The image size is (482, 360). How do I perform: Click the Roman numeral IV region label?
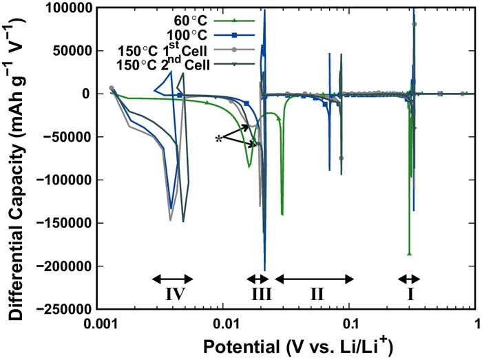tap(173, 295)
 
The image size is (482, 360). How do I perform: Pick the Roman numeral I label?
tap(410, 295)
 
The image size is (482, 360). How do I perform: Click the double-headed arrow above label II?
tap(315, 279)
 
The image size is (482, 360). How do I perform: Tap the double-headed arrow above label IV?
tap(172, 279)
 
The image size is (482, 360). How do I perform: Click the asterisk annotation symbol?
tap(219, 139)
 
